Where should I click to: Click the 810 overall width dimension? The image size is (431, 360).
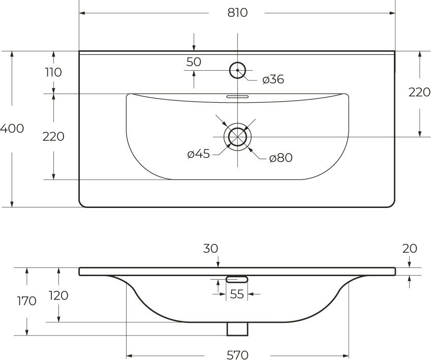point(237,13)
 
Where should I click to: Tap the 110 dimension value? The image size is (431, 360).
point(53,72)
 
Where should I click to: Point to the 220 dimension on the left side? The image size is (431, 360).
point(53,136)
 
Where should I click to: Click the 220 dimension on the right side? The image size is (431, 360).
point(419,92)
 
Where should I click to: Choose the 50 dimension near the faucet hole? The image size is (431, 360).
point(194,62)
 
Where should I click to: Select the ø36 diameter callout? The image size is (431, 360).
point(273,79)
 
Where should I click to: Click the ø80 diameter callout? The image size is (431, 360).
point(281,158)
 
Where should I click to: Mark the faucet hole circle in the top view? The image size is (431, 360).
point(237,70)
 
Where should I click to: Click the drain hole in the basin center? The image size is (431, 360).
point(237,137)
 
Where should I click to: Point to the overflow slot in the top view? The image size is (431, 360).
point(237,96)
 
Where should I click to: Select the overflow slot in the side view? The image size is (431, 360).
point(237,279)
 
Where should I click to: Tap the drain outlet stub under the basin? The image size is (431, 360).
point(237,328)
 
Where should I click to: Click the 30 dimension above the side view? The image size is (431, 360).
point(210,249)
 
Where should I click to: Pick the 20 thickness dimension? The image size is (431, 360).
point(410,249)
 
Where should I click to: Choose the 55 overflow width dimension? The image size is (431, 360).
point(237,294)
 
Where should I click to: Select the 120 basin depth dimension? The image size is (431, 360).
point(59,295)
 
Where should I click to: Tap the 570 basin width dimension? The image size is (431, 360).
point(237,354)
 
